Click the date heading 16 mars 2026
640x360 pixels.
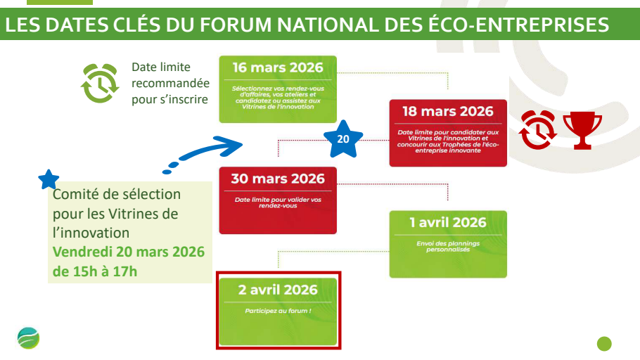point(278,67)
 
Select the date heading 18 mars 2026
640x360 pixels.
point(448,111)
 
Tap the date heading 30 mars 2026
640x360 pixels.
point(278,179)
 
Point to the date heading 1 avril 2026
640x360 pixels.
point(448,222)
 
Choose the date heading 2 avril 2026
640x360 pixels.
point(278,290)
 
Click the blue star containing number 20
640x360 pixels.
point(343,139)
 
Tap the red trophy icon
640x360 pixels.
point(582,130)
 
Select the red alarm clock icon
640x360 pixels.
point(537,130)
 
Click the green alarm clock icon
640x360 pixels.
point(100,83)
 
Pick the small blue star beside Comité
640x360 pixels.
point(49,179)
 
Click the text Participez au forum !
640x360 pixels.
point(278,311)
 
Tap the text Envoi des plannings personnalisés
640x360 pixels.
point(448,246)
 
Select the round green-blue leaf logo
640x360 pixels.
point(28,338)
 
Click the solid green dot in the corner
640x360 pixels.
point(604,344)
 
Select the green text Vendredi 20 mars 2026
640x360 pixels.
point(129,252)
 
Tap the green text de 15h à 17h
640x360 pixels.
point(95,271)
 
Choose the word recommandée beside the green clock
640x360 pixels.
point(170,83)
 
